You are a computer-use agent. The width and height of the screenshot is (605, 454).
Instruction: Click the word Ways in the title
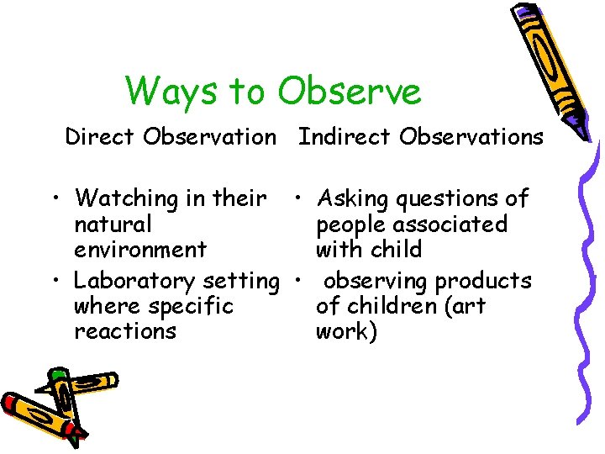pos(166,91)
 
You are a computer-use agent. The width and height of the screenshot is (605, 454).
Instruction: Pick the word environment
pos(140,250)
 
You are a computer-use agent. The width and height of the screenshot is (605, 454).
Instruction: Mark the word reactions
pos(125,331)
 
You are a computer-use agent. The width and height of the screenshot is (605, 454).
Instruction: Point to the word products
pos(483,281)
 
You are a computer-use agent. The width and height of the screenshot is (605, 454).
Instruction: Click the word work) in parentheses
pos(347,331)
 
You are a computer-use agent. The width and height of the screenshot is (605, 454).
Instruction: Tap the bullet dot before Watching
pos(54,200)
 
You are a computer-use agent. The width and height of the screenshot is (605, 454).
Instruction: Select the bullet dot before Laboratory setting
pos(54,281)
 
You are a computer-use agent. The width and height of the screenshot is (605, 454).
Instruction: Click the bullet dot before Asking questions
pos(297,200)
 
